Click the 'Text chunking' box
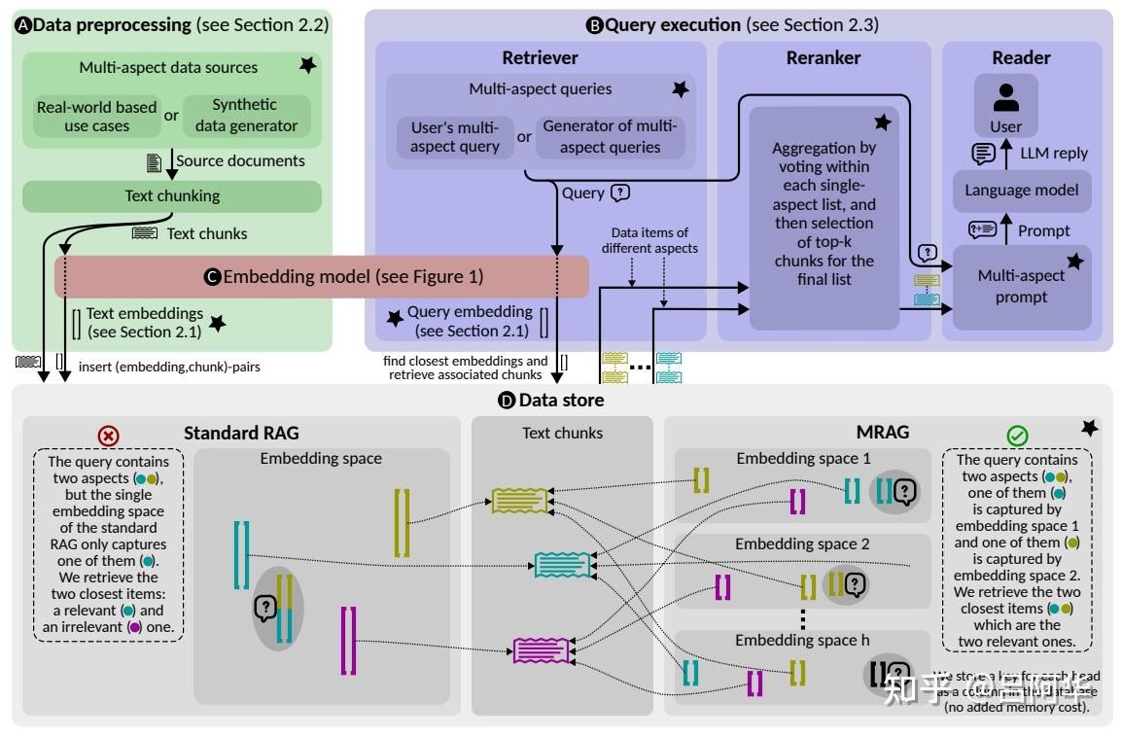point(172,195)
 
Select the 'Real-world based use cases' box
point(96,116)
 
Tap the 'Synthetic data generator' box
point(246,115)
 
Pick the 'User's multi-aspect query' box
point(454,137)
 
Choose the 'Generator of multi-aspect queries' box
point(610,136)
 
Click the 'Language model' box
point(1021,191)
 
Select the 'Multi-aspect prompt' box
point(1021,286)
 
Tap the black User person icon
point(1006,98)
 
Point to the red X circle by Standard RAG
point(109,435)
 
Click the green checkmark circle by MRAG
point(1018,437)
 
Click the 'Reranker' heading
point(824,57)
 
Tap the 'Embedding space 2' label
point(802,544)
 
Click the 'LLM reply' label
point(1053,153)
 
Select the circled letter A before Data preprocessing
point(23,26)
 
